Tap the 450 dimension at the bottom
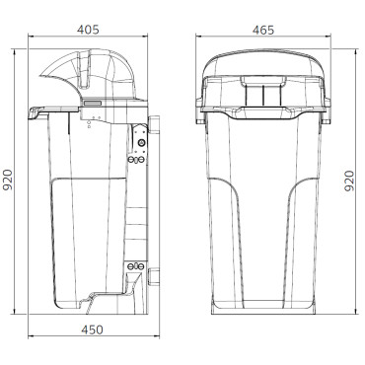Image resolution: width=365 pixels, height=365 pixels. [x=91, y=329]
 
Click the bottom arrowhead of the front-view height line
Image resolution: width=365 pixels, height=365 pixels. [x=341, y=311]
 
